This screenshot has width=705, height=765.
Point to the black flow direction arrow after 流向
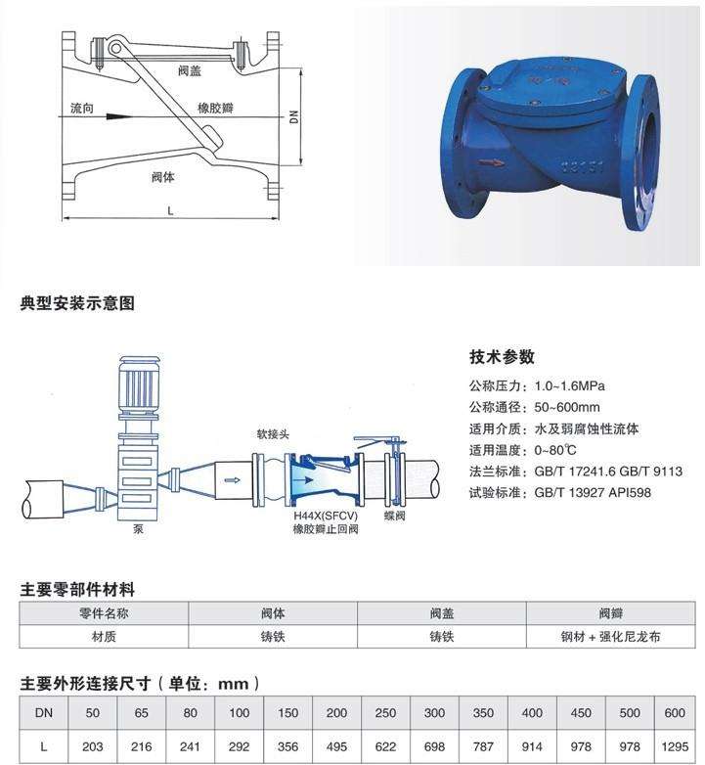(x=118, y=114)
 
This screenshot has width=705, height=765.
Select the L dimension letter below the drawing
(x=171, y=209)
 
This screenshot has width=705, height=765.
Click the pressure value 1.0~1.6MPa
(x=570, y=386)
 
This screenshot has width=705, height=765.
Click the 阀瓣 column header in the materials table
(x=609, y=613)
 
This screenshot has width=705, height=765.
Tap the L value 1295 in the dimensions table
(x=675, y=746)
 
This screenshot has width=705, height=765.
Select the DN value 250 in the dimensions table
(x=385, y=713)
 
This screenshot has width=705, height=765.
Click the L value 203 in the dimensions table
(x=93, y=746)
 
